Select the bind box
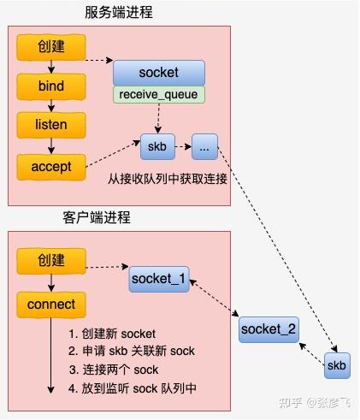click(50, 86)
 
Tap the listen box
click(50, 125)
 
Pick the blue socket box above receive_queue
click(159, 73)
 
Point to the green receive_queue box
click(159, 94)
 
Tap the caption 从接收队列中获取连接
click(166, 181)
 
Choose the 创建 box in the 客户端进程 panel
click(50, 260)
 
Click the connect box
click(50, 304)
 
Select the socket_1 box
click(159, 279)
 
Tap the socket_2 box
click(269, 328)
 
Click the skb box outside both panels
click(337, 366)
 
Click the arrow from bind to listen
click(50, 106)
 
